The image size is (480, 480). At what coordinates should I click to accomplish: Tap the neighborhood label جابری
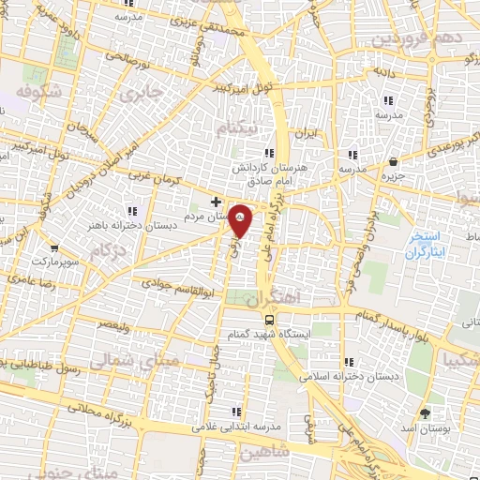142,94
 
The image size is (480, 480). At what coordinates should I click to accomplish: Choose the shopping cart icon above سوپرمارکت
55,249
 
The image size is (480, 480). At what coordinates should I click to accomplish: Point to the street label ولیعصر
113,322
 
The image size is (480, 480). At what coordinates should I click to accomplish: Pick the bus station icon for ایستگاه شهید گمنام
271,317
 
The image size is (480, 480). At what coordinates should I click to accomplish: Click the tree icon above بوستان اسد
427,412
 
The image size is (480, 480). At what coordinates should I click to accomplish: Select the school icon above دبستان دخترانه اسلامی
349,362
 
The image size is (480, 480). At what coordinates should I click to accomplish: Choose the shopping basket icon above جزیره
393,160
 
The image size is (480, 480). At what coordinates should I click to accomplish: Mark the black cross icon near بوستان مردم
217,201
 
